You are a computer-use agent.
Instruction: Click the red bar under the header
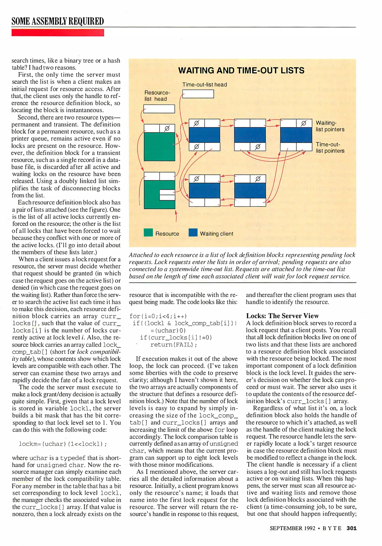tap(58, 33)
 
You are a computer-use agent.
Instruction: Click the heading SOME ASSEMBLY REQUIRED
tap(58, 21)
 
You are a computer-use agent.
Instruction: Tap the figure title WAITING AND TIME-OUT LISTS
tap(241, 71)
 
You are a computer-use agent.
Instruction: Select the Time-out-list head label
tap(205, 85)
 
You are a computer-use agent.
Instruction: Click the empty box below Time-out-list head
tap(198, 94)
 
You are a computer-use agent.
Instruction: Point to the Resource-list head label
tap(157, 96)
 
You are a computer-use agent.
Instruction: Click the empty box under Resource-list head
tap(159, 109)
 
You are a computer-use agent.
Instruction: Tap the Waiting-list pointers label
tap(330, 126)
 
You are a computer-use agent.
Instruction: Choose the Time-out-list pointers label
tap(330, 148)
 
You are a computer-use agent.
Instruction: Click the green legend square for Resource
tap(148, 233)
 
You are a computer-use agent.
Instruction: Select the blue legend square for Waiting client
tap(193, 233)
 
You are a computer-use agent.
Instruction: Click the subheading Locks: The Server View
tap(282, 316)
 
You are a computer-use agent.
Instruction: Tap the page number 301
tap(351, 528)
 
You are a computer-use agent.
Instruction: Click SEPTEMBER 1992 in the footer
tap(293, 528)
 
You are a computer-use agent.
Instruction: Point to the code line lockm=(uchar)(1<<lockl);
tap(63, 444)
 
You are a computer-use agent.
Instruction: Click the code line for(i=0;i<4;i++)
tap(158, 316)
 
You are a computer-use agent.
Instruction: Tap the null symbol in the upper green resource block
tap(167, 128)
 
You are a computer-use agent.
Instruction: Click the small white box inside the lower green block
tap(167, 195)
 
